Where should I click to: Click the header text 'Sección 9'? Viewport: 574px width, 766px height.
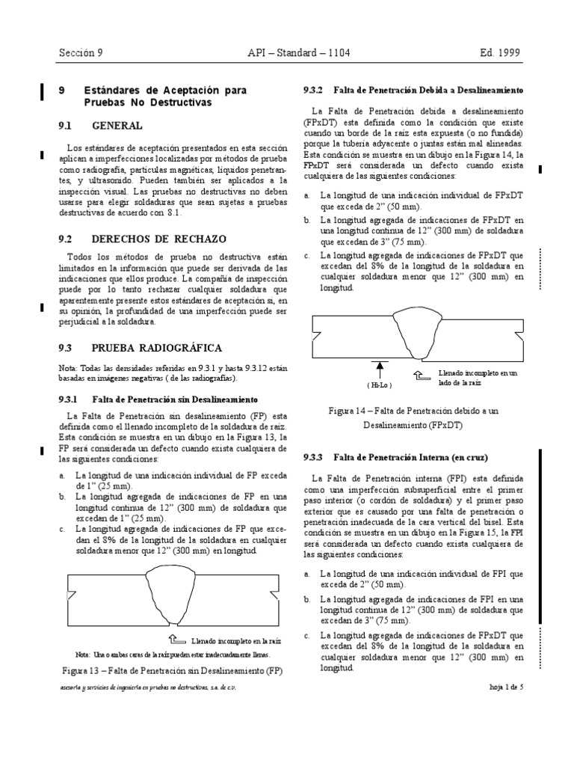pos(81,53)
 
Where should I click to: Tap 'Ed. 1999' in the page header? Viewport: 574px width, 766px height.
pos(501,53)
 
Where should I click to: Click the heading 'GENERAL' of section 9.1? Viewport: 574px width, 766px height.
pos(117,126)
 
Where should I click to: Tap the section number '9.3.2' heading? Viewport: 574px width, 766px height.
pos(312,90)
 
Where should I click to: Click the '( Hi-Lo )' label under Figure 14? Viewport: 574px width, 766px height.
pos(380,384)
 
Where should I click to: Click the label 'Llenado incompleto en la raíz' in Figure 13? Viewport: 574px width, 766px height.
pos(236,641)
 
